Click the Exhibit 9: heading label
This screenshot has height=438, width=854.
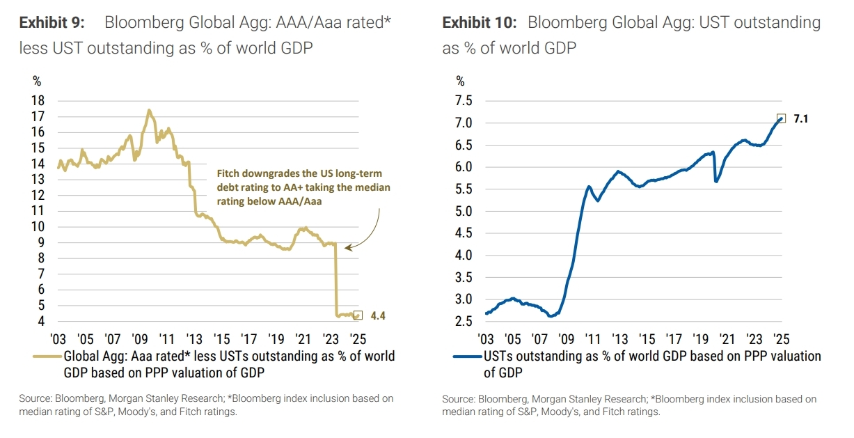point(52,22)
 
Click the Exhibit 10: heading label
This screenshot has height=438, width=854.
point(480,22)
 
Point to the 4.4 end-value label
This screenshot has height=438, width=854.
point(378,315)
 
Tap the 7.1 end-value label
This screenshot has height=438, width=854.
point(801,119)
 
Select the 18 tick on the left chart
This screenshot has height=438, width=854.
point(39,100)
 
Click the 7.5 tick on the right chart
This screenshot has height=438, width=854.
point(464,101)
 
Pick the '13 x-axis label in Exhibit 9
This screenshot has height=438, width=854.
point(193,339)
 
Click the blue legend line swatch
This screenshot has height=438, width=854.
point(468,357)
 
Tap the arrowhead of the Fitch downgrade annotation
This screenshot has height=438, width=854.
point(347,247)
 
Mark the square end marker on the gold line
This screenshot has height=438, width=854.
point(358,315)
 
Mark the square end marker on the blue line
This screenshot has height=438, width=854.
point(781,118)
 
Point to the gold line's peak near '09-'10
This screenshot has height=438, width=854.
point(148,110)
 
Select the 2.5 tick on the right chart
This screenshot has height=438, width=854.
point(464,322)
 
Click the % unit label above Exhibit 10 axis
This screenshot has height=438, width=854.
point(459,81)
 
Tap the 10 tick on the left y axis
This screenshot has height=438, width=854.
point(39,227)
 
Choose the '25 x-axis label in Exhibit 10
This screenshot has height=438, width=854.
point(781,339)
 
